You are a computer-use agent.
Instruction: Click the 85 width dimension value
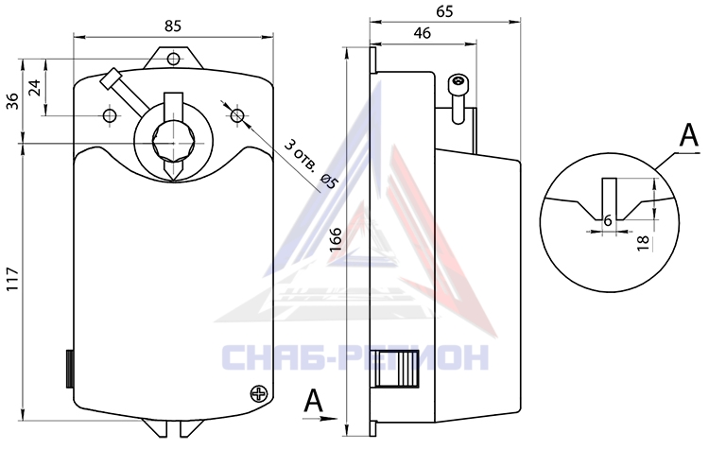pyautogui.click(x=173, y=26)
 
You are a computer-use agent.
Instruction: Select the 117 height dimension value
pyautogui.click(x=12, y=280)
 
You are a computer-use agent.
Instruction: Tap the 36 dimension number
pyautogui.click(x=12, y=100)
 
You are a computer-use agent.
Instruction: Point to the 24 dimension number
pyautogui.click(x=34, y=87)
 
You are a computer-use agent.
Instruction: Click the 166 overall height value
pyautogui.click(x=335, y=240)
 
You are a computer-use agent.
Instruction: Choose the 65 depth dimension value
pyautogui.click(x=444, y=11)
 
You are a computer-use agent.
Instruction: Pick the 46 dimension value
pyautogui.click(x=423, y=33)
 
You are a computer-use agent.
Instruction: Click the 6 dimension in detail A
pyautogui.click(x=608, y=220)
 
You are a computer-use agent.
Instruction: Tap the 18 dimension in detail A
pyautogui.click(x=643, y=242)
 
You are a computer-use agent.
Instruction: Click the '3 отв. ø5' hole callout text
pyautogui.click(x=312, y=164)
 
